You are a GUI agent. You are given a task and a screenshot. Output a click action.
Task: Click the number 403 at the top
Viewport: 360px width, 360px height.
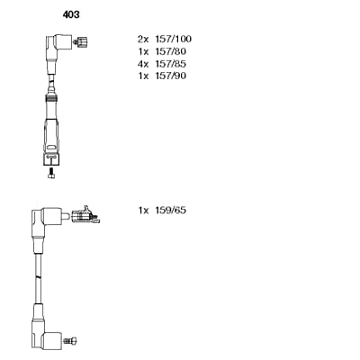[71, 14]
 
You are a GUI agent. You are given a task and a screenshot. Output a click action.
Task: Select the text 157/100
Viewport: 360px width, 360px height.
[173, 39]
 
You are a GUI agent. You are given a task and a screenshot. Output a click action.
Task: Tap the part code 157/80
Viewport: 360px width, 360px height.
[170, 51]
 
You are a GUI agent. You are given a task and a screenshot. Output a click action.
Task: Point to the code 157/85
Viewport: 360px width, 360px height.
[170, 64]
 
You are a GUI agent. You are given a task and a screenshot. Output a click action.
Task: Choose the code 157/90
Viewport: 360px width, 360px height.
[170, 76]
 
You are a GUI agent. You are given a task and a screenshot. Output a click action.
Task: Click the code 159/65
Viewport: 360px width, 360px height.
[170, 210]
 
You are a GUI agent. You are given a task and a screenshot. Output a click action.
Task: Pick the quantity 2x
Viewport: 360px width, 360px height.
[143, 39]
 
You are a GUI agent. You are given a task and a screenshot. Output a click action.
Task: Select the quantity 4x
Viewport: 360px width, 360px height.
[143, 64]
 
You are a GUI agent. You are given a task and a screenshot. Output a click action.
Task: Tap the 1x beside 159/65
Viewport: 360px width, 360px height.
[143, 210]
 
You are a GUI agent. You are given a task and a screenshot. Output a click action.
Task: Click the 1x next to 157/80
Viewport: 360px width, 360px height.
[143, 51]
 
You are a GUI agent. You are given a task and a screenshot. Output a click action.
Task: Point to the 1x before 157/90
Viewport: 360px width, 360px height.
[143, 76]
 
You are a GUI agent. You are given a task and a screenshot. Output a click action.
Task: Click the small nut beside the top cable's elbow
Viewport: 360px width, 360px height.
[82, 41]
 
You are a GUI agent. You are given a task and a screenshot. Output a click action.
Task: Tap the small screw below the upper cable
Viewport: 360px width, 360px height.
[51, 173]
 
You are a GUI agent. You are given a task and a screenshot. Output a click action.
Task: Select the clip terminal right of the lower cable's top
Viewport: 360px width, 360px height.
[85, 215]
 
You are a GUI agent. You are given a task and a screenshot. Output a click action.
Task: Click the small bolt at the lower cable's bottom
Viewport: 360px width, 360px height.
[70, 340]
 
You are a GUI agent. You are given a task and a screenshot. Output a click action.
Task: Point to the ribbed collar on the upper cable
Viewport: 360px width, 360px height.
[52, 98]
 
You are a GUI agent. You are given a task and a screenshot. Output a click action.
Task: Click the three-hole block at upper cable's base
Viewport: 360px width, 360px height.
[51, 159]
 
